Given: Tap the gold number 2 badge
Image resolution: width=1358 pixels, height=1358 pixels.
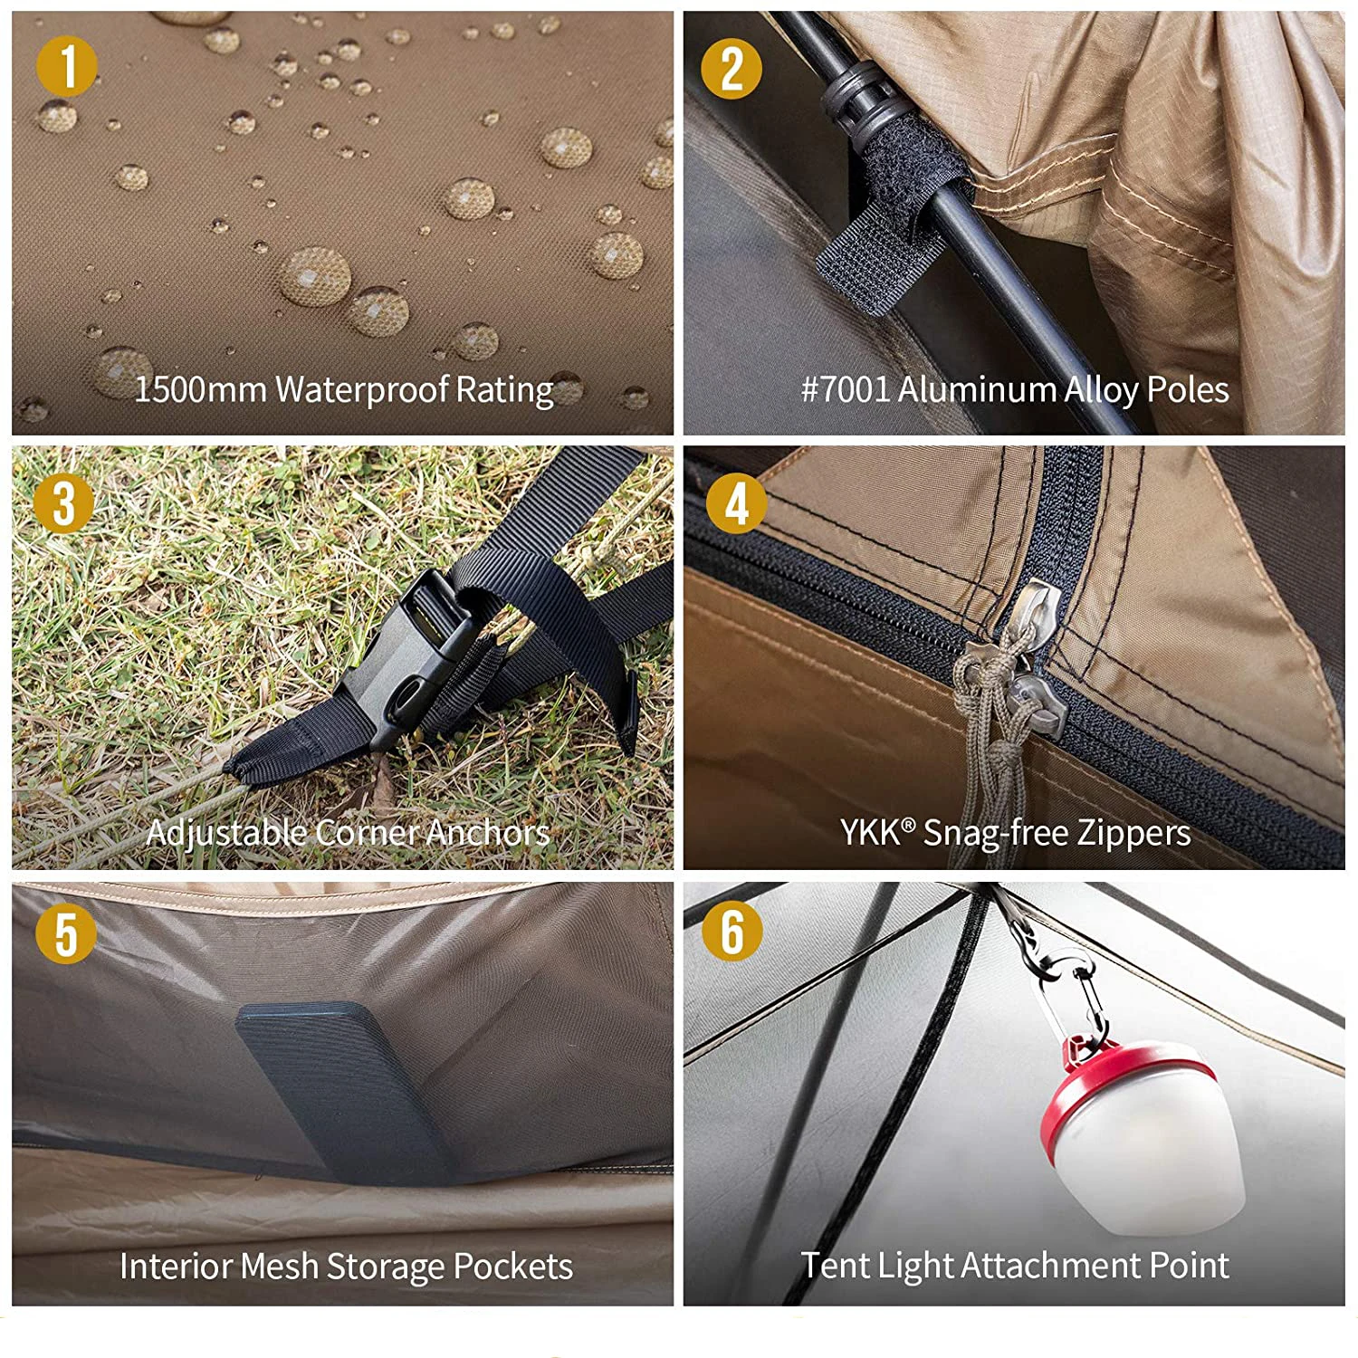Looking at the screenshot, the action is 732,68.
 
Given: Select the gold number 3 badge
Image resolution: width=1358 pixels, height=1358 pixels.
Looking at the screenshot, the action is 64,502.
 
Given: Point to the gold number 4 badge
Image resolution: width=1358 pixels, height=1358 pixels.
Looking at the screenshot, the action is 737,503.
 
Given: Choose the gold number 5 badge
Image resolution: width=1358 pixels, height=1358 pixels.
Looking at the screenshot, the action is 66,934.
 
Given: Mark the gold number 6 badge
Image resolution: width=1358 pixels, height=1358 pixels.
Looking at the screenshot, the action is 732,932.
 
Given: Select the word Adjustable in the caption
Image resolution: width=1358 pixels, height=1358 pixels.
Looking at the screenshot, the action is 225,833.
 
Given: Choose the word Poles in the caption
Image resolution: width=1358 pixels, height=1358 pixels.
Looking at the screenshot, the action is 1188,389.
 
